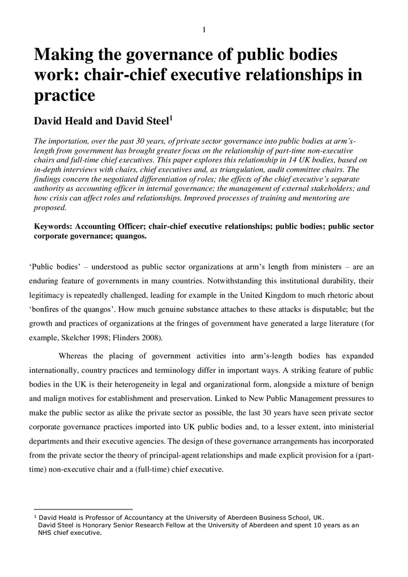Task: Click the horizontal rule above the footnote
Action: click(81, 509)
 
